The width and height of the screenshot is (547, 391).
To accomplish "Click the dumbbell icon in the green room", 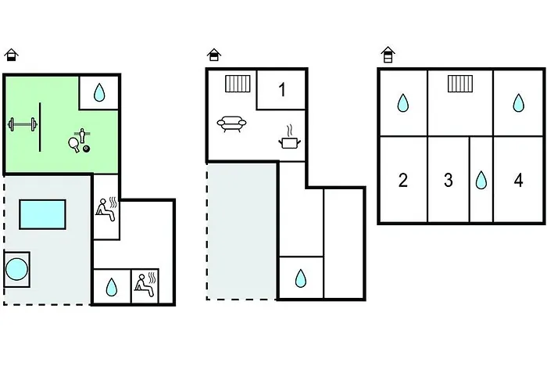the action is coord(23,124).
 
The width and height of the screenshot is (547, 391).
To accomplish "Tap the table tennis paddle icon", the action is coord(74,144).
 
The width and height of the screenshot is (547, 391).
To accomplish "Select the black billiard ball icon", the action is coord(86,149).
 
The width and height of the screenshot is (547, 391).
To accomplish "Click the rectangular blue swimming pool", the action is coord(42,214).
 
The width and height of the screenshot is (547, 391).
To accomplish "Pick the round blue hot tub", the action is coord(16,269).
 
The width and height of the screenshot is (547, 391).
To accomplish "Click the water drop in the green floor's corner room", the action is coord(99,92).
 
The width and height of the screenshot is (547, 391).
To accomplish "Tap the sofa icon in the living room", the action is coord(231,124).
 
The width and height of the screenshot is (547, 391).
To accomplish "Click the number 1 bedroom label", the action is coord(282,90).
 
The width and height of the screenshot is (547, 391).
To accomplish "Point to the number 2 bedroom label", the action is coord(403,180).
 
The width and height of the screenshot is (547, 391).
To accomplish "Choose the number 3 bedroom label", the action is coord(449,180).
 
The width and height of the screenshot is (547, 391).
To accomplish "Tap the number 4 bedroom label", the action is coord(518,180).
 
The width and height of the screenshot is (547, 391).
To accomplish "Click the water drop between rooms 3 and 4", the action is coord(481,180).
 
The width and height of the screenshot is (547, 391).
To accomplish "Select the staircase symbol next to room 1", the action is coord(238,84).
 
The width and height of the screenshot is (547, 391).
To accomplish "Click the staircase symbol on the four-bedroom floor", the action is coord(460,84).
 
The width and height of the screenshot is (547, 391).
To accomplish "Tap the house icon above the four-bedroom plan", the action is coord(388,55).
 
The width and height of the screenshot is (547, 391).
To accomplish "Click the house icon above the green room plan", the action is coord(11,55).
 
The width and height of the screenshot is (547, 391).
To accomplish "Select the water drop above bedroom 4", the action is coord(518,103).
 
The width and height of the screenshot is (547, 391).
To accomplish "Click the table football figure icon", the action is coord(82,135).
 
